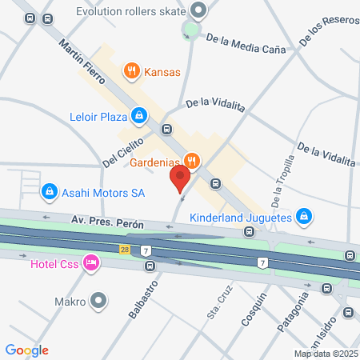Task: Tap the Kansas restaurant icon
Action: pos(132,72)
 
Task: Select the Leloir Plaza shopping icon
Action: pos(140,118)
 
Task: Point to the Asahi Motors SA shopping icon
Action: pos(50,192)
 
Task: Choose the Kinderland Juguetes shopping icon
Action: pos(303,216)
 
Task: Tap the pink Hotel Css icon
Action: pos(92,262)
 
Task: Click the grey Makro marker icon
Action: pos(98,302)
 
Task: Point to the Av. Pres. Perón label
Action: pos(107,222)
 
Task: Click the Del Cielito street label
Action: pos(122,151)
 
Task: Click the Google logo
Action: pos(27,350)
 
